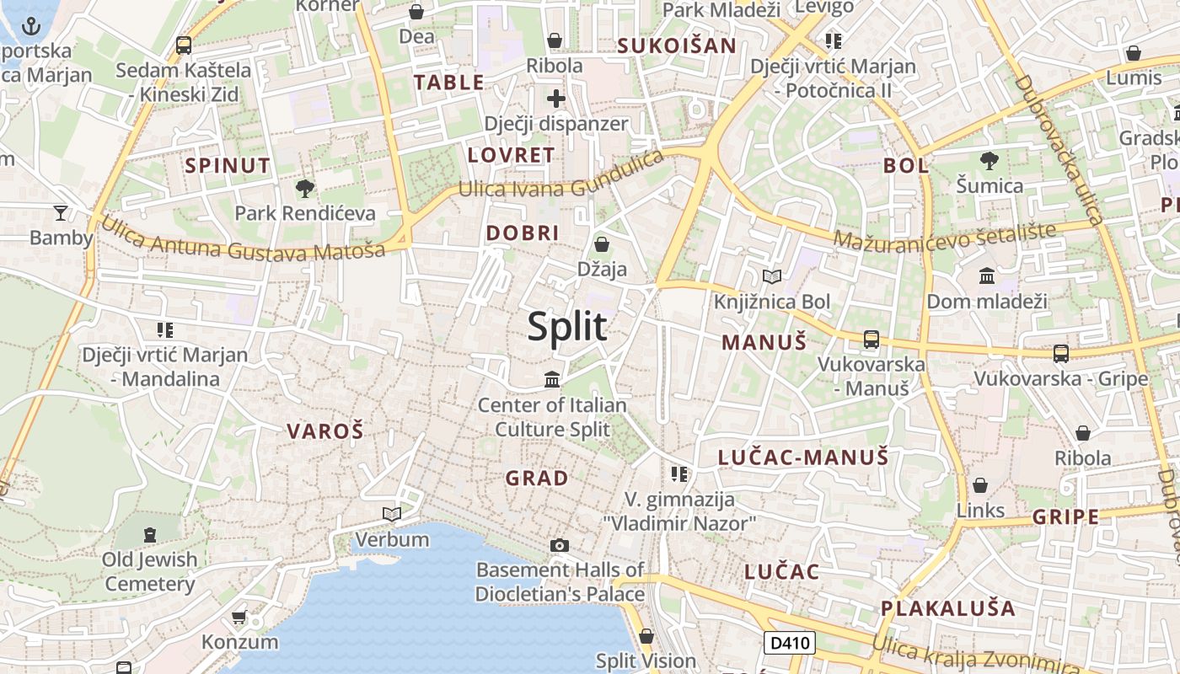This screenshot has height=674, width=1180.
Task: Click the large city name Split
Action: [x=567, y=327]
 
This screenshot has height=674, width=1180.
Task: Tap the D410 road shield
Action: [x=791, y=644]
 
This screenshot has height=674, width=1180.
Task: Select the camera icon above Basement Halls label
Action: [x=559, y=546]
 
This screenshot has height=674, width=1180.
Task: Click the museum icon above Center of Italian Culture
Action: [x=552, y=379]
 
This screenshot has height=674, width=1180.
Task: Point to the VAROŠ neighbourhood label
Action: [x=325, y=432]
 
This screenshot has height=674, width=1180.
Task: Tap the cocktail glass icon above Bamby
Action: [x=61, y=212]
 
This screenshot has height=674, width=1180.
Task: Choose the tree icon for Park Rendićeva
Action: [x=304, y=188]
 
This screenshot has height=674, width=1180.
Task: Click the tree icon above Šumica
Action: [x=990, y=159]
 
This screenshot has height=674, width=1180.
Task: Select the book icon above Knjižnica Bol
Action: [x=771, y=276]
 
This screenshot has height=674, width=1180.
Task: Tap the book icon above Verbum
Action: [x=391, y=513]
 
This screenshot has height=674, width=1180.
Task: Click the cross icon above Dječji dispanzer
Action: [x=555, y=99]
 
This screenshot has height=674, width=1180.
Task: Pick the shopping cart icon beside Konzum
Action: [x=239, y=618]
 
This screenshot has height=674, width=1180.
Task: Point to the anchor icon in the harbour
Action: [x=31, y=26]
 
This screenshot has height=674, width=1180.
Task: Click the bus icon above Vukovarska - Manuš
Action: [x=871, y=340]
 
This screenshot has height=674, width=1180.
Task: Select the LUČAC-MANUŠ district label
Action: [x=803, y=457]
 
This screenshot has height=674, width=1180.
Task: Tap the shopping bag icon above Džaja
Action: [x=602, y=244]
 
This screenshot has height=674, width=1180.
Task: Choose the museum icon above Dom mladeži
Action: [x=986, y=275]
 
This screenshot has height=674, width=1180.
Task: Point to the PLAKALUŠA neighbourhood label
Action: [x=948, y=607]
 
